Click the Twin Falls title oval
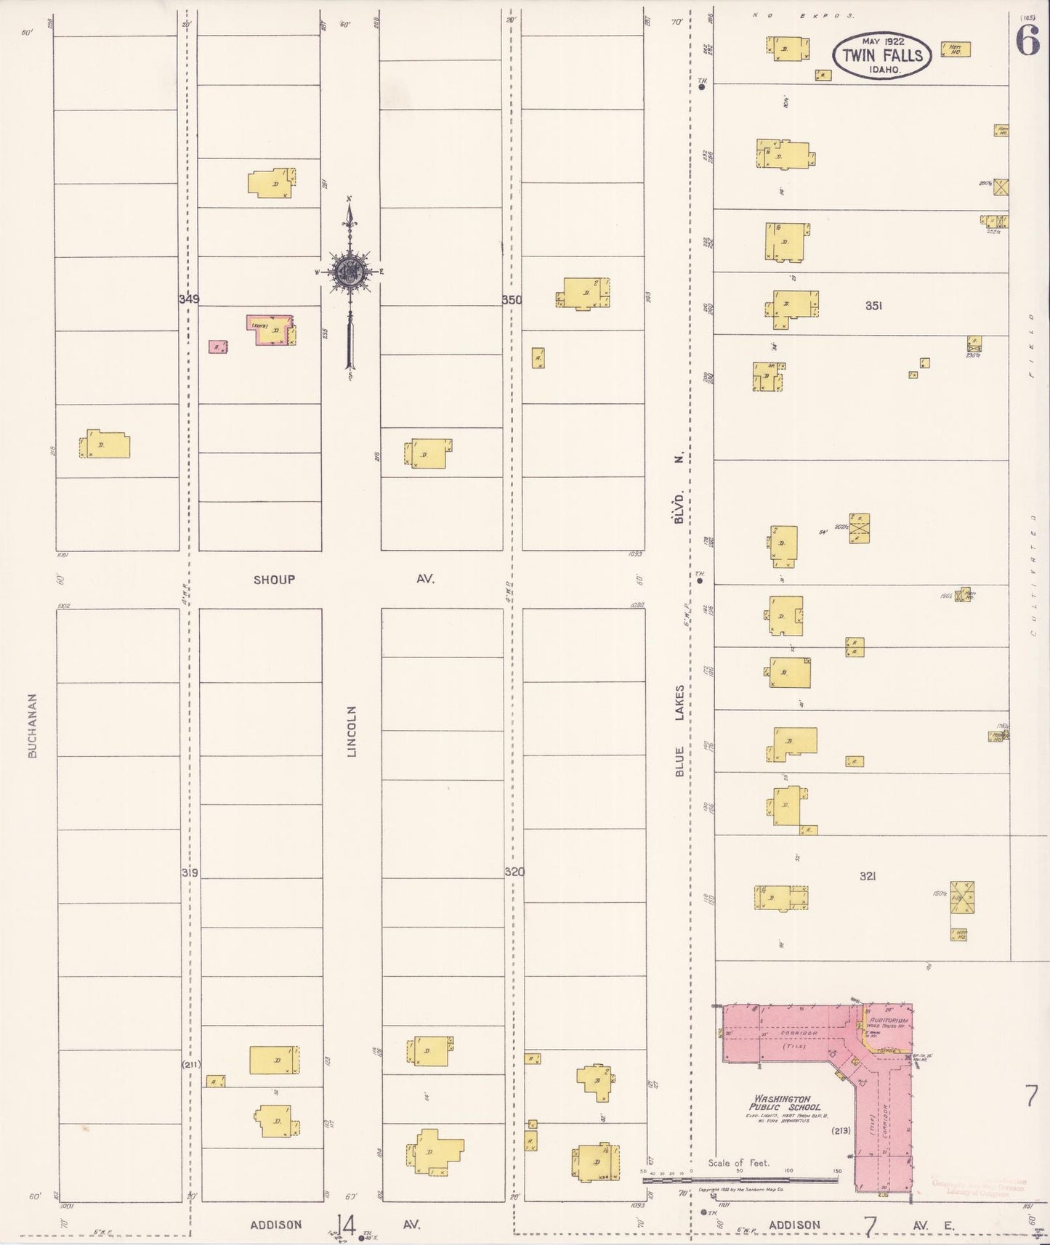point(882,54)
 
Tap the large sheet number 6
point(1027,42)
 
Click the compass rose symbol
point(350,272)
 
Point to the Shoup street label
point(274,580)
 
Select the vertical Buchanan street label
point(32,725)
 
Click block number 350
point(512,299)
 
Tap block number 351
point(873,306)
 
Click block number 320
point(515,872)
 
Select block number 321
point(867,877)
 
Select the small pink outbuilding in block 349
point(216,346)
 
